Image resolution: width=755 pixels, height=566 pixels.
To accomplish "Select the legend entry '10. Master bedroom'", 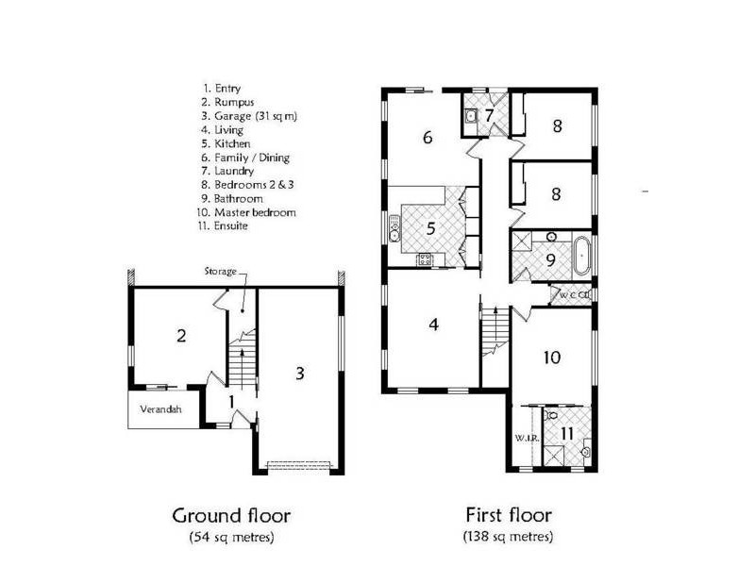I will tap(248, 212).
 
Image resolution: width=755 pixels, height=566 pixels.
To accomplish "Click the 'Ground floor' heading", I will tap(230, 516).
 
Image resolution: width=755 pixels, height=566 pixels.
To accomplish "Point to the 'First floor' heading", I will tap(508, 515).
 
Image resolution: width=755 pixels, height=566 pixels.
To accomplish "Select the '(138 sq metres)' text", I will tap(508, 537).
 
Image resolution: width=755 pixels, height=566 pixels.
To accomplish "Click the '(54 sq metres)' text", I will tap(230, 538).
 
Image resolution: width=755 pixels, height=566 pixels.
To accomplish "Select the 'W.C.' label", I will tap(568, 295).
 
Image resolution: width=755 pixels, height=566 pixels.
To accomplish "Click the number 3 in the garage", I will tap(299, 373).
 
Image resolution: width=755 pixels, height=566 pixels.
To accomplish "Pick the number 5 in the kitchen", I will tap(430, 227).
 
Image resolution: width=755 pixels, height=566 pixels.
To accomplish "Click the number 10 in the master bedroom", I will tap(553, 357).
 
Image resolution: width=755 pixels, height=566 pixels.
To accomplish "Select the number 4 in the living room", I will tap(433, 325).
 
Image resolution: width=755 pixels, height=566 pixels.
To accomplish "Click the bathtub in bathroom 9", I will tap(581, 256).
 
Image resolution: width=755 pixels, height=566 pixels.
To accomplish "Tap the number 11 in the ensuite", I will tap(566, 433).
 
